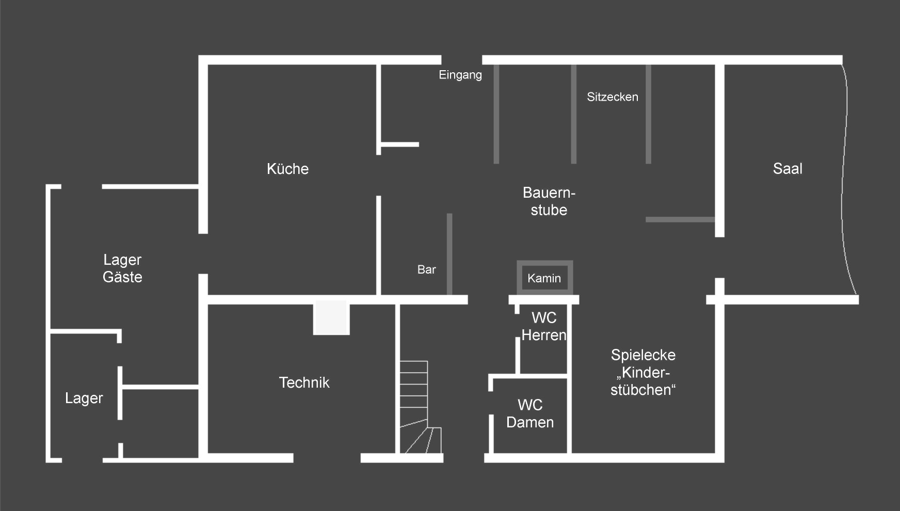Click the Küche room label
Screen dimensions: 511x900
click(x=287, y=169)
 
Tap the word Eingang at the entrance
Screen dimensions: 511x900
click(x=460, y=75)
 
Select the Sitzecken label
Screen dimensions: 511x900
click(x=613, y=97)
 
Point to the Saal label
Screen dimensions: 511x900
click(x=787, y=169)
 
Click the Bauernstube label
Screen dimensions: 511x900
click(x=549, y=201)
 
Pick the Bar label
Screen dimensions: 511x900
click(x=427, y=269)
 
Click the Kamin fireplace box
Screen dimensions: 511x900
click(x=545, y=278)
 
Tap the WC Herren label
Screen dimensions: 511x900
click(x=544, y=327)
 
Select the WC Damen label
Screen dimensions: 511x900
click(x=530, y=413)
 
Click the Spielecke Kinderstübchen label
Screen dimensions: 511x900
click(x=643, y=372)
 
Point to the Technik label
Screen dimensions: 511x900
click(x=304, y=382)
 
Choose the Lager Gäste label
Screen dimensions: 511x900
click(x=122, y=268)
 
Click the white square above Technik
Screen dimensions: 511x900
click(x=331, y=317)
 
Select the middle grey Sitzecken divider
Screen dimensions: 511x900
click(x=573, y=114)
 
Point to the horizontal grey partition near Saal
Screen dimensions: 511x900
click(x=680, y=220)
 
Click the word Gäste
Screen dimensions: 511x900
click(x=122, y=277)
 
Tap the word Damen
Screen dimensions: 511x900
click(x=530, y=422)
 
